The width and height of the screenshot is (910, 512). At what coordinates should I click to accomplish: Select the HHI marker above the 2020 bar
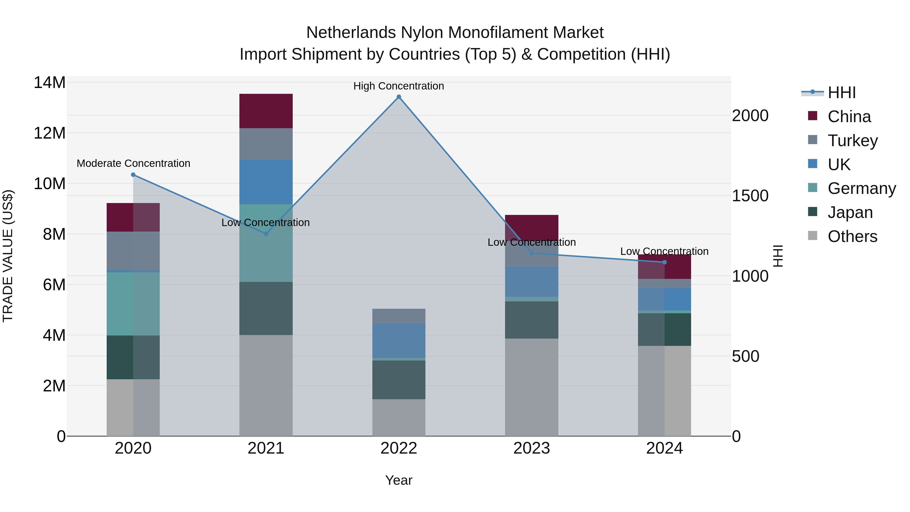click(133, 174)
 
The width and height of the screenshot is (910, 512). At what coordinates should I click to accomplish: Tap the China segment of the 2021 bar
click(266, 111)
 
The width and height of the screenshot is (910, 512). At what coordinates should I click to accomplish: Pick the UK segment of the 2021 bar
click(266, 182)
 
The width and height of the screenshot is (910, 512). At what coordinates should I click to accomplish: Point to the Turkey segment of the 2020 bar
click(133, 251)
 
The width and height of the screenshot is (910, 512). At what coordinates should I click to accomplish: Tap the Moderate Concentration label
click(133, 163)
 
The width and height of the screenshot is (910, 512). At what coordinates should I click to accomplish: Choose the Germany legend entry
click(861, 188)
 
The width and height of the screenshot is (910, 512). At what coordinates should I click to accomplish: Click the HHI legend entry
click(841, 93)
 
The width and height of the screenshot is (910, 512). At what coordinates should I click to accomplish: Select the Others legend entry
click(852, 236)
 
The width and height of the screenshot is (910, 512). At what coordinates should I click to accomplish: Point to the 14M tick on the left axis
click(50, 83)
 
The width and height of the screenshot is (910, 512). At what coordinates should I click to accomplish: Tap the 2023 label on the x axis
click(531, 448)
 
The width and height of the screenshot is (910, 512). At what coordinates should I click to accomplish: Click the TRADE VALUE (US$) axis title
click(8, 256)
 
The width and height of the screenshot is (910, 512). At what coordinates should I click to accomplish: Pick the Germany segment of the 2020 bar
click(133, 304)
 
